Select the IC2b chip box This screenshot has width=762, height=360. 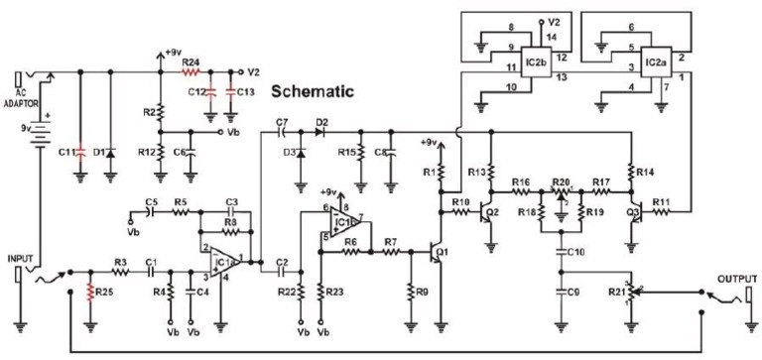536,61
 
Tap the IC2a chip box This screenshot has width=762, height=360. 654,61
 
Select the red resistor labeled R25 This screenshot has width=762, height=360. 90,294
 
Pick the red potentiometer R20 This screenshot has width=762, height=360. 562,192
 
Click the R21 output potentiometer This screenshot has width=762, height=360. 628,294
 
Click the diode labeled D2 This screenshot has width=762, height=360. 320,131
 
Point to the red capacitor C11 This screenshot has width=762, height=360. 81,153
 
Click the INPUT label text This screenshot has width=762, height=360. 21,258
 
